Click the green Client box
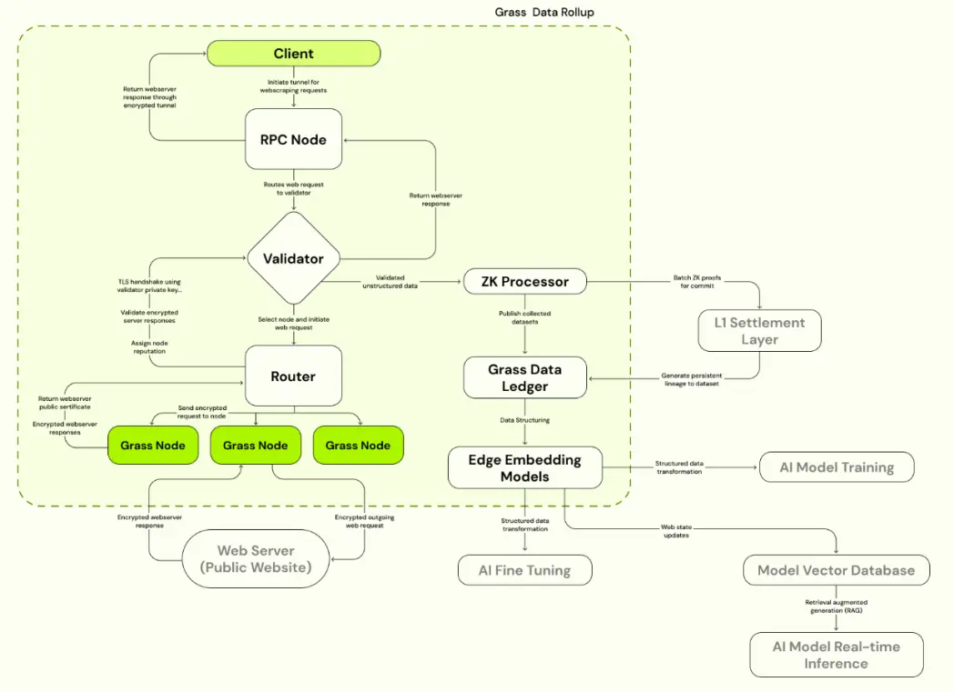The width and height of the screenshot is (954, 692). point(293,54)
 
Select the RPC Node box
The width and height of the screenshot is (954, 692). point(293,139)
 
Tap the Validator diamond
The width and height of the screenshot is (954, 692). point(293,258)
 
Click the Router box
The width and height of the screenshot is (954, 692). point(293,376)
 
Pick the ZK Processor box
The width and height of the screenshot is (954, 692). point(525,281)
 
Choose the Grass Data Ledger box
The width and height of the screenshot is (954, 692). point(525,378)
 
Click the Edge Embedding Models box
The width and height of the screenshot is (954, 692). point(525,467)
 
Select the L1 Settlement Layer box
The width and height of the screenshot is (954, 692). point(760,330)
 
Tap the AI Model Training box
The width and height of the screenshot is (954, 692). point(837,467)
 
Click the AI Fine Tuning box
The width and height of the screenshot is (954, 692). point(524,570)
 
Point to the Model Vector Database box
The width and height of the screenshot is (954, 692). point(837,570)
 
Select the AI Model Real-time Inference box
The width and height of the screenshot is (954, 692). point(837,655)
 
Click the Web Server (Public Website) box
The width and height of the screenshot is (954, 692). point(256,558)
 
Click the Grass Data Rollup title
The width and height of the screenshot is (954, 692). point(544,12)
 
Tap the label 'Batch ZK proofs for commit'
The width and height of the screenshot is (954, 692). point(697,281)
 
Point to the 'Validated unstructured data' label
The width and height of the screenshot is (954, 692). point(390,281)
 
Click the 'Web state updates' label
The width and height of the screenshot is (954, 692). point(676,531)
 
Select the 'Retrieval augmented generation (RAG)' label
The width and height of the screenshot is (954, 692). point(837,607)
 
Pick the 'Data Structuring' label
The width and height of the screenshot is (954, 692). point(524,420)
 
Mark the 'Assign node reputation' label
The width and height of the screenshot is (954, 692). point(149,347)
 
